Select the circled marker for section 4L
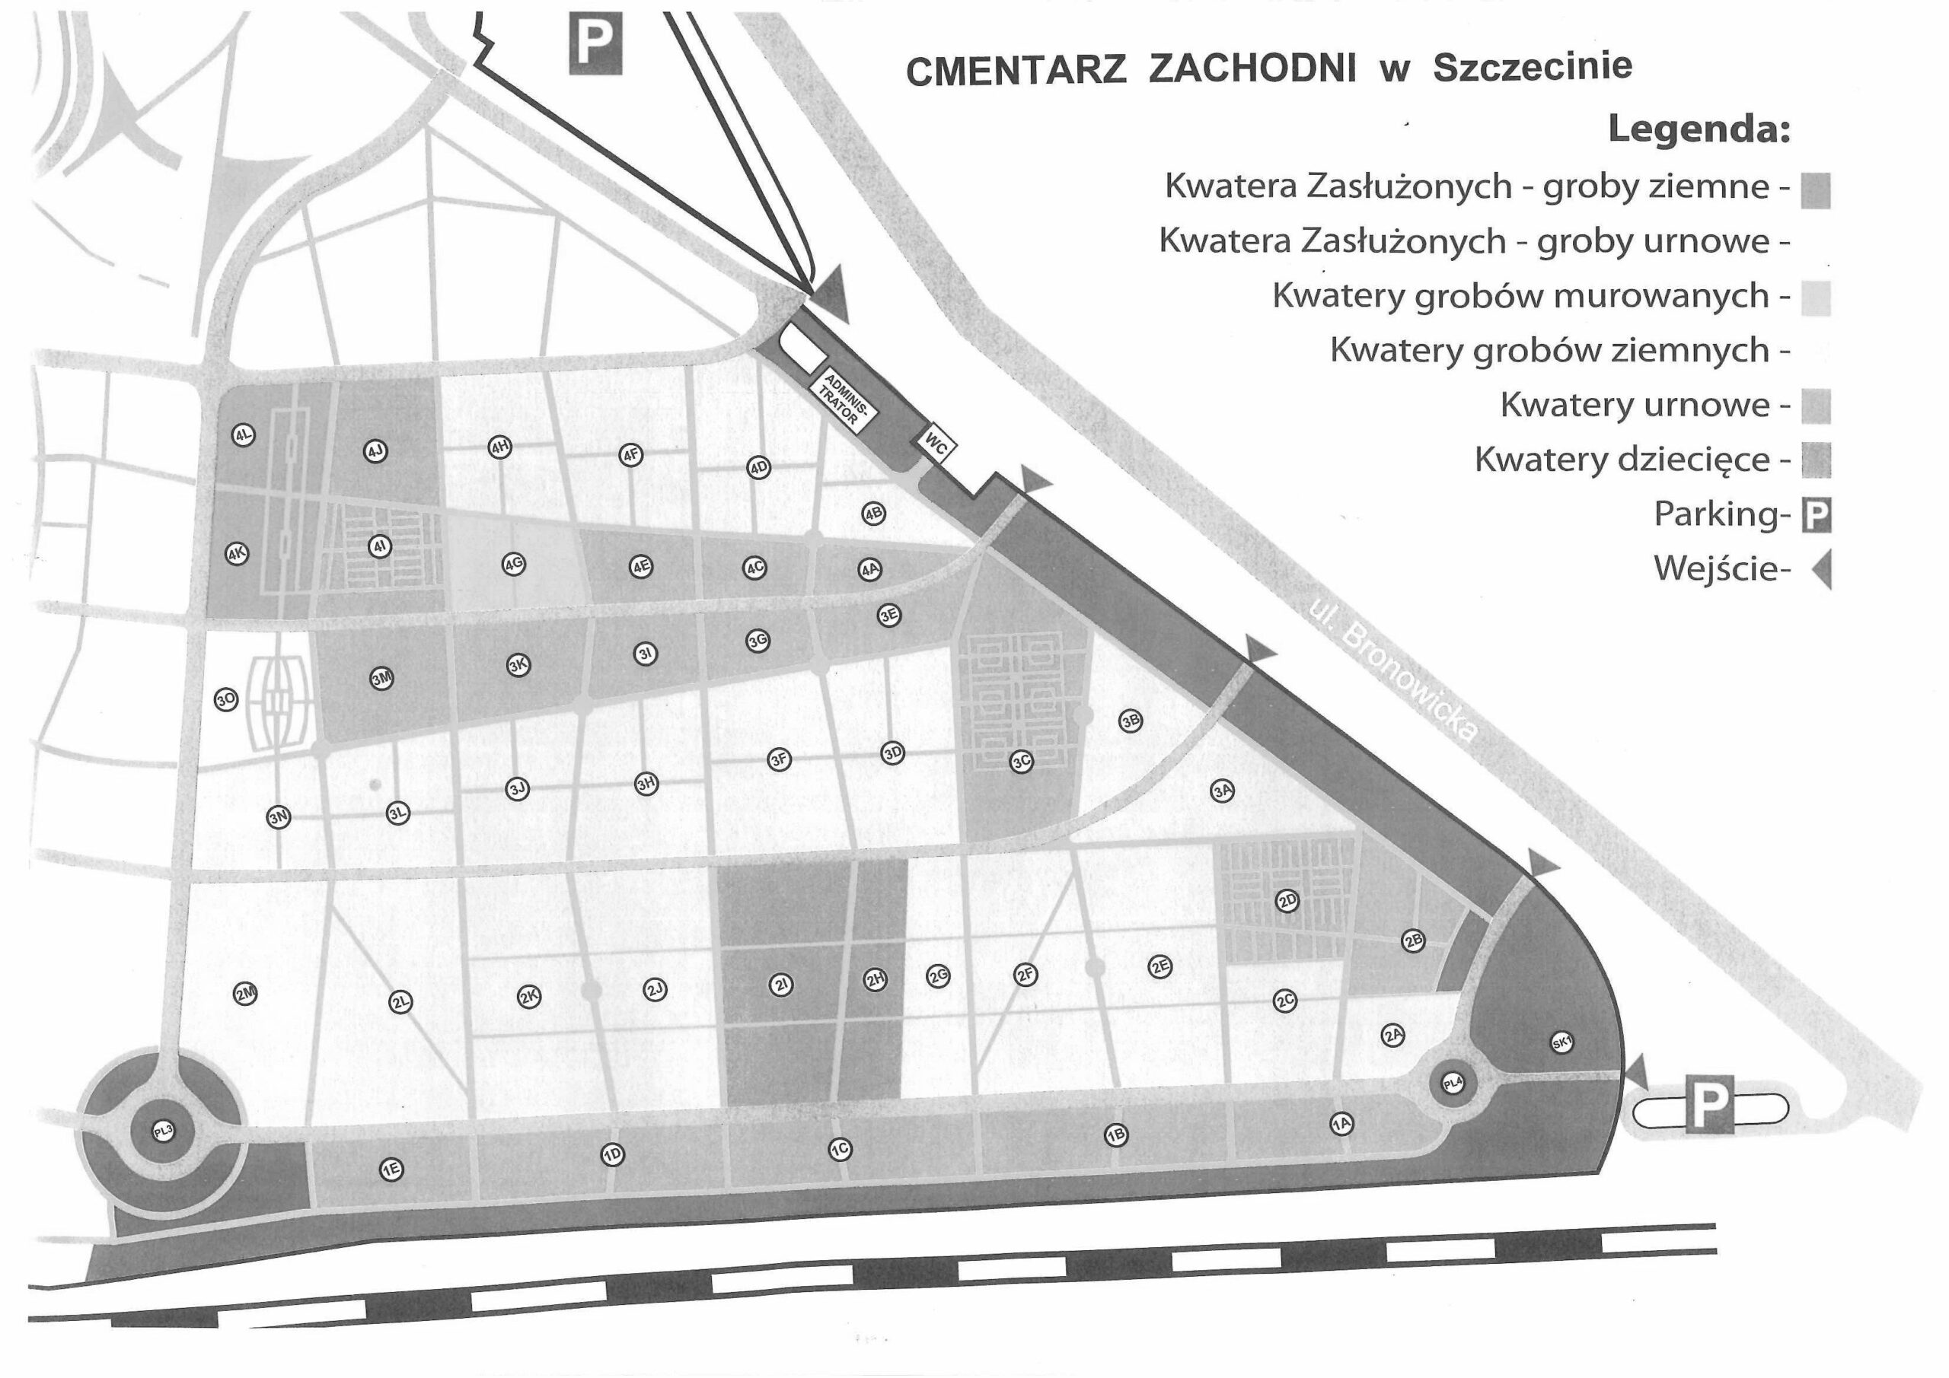[244, 435]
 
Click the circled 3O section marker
[226, 700]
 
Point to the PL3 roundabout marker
[163, 1130]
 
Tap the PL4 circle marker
[1453, 1083]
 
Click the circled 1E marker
[391, 1170]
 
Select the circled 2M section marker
[245, 994]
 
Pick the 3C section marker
[1021, 761]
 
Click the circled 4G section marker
[512, 565]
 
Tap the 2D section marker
[1287, 900]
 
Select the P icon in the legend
[1817, 515]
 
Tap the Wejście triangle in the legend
[1822, 568]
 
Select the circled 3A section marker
[1223, 791]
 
